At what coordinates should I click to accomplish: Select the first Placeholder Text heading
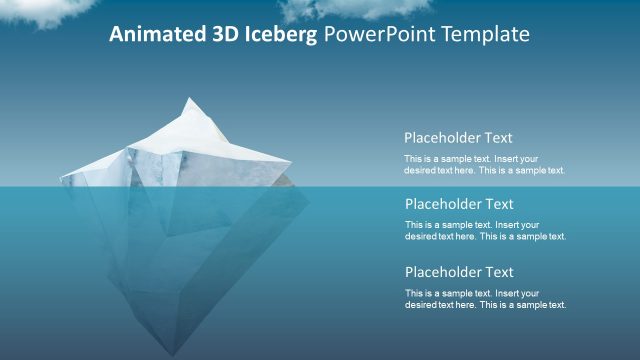pyautogui.click(x=458, y=138)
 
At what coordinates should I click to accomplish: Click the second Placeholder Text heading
pyautogui.click(x=459, y=205)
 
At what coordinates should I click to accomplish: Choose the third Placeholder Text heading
pyautogui.click(x=459, y=272)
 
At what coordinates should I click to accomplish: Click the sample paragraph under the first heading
pyautogui.click(x=484, y=165)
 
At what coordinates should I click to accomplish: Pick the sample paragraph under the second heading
pyautogui.click(x=485, y=231)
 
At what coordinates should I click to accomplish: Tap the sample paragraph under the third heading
pyautogui.click(x=485, y=299)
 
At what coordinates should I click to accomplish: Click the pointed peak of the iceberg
pyautogui.click(x=190, y=100)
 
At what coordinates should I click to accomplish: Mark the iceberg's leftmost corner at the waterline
pyautogui.click(x=62, y=179)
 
